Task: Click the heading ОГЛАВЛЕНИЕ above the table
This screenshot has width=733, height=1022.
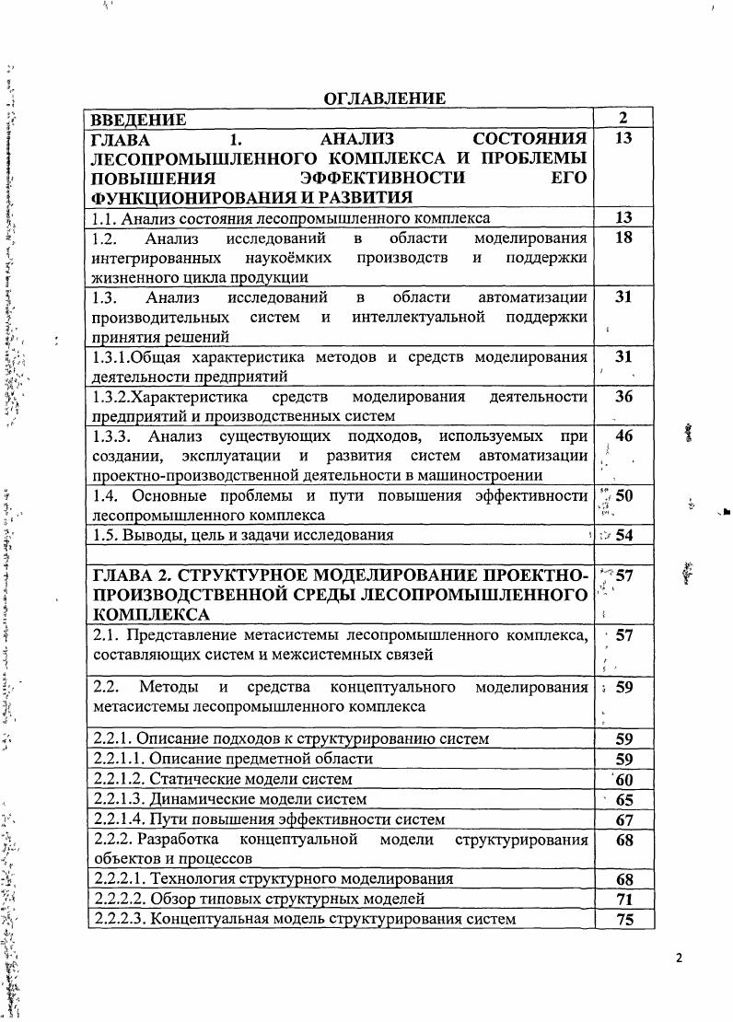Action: pos(384,99)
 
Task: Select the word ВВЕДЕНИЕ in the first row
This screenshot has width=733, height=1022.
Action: pos(137,119)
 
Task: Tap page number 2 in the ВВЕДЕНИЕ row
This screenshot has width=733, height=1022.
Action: pos(623,118)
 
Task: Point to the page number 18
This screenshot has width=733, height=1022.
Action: pos(623,238)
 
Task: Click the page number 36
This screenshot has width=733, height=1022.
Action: pos(623,397)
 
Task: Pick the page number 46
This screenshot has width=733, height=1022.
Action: pos(623,436)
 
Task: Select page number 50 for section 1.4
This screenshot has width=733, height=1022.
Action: pos(623,496)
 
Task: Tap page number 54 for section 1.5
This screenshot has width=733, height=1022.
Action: pos(624,535)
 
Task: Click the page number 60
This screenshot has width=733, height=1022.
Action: pos(623,779)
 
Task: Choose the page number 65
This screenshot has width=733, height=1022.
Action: pos(623,799)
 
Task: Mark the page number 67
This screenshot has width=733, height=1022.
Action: pos(623,819)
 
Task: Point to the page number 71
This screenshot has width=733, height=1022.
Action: pos(623,899)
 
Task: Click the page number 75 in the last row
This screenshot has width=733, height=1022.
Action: pos(623,919)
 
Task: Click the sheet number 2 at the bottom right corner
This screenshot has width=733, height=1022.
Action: pos(679,958)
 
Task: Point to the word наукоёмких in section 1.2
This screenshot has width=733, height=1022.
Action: pos(282,257)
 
